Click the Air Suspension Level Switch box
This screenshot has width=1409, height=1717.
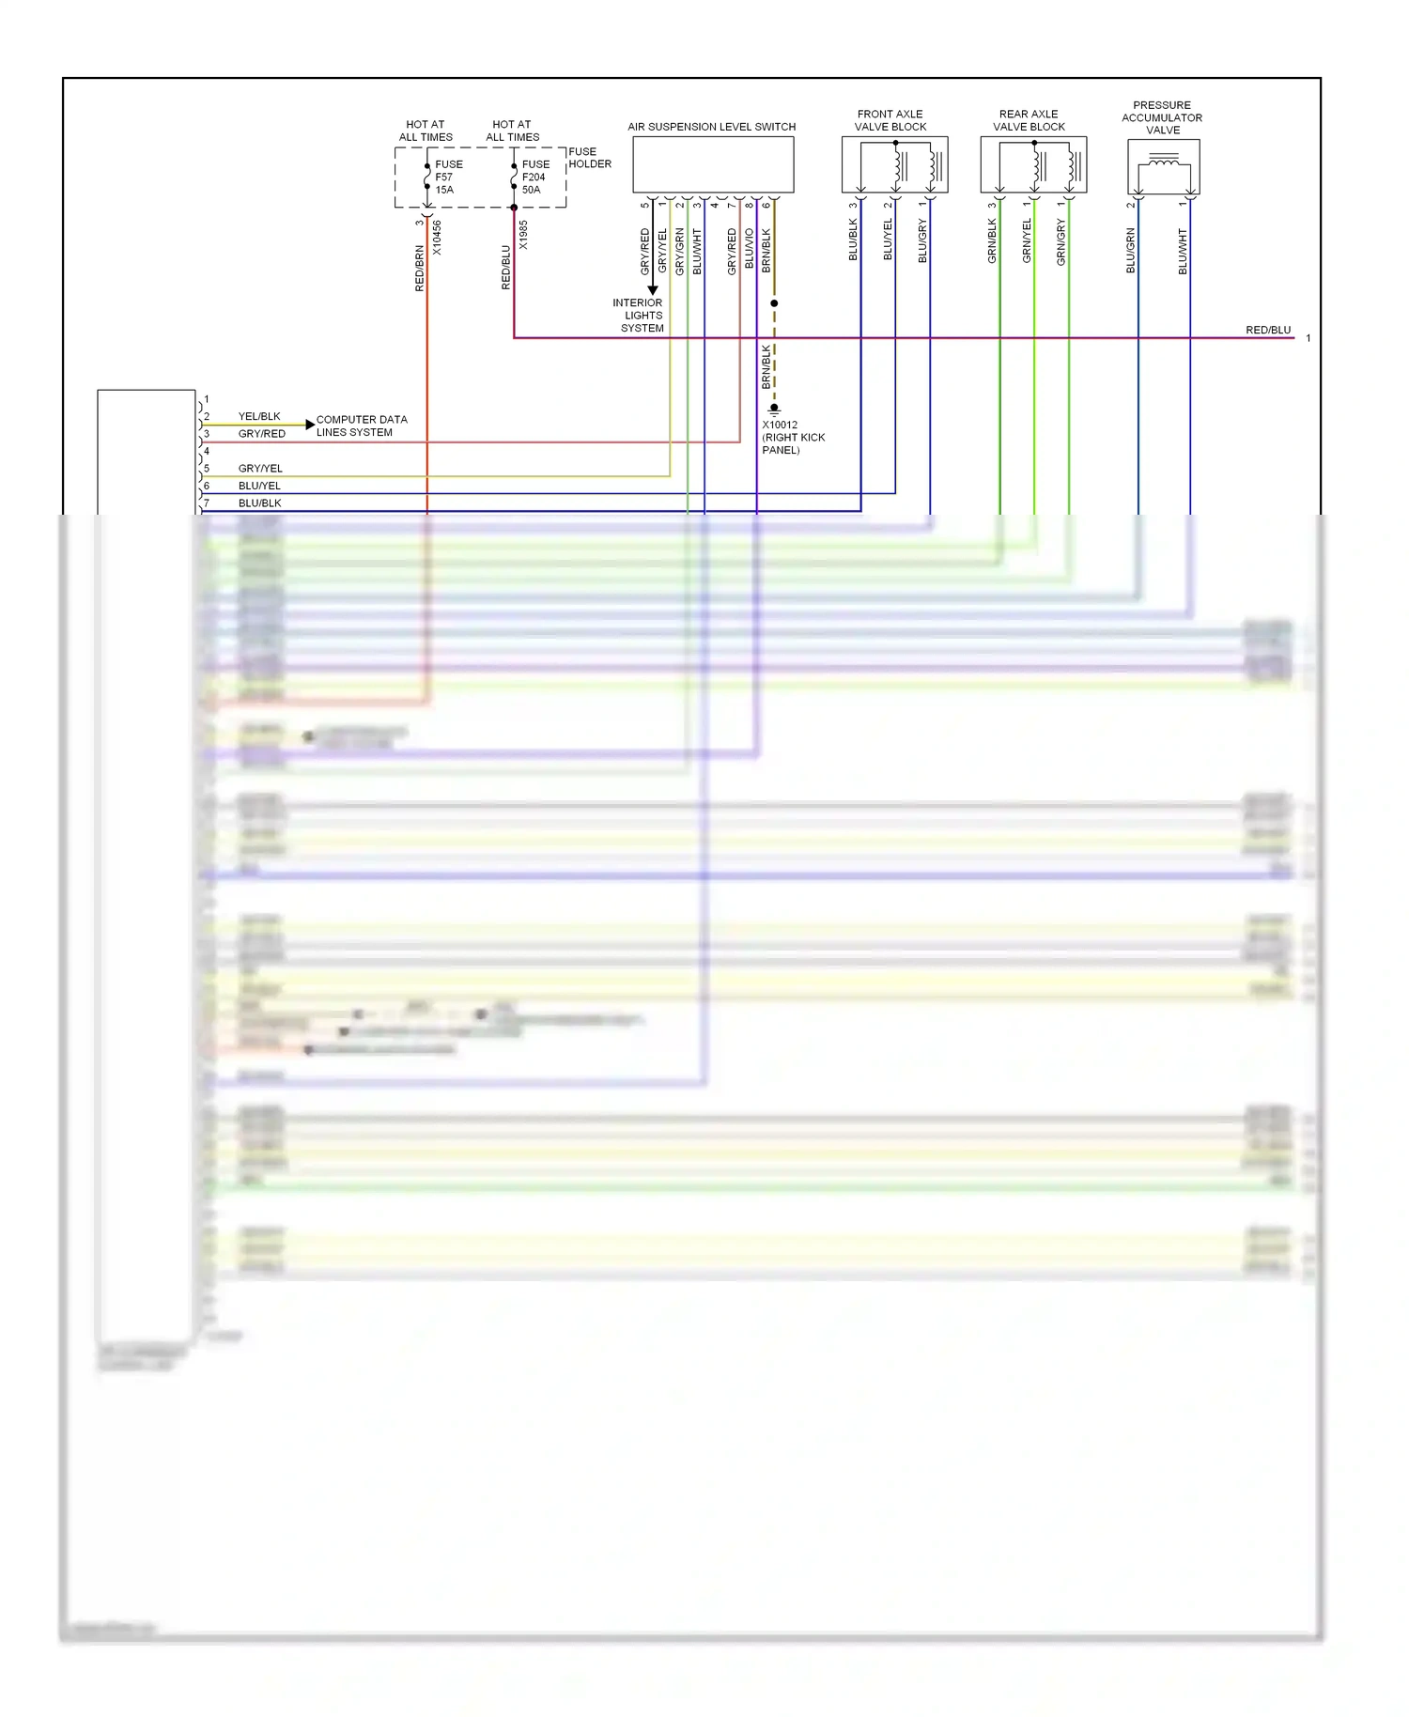(713, 164)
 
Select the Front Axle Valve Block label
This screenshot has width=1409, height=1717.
(890, 120)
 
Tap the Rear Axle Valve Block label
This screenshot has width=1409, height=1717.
(1029, 120)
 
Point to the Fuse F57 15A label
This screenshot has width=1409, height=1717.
(447, 177)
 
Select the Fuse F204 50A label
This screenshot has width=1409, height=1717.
(534, 177)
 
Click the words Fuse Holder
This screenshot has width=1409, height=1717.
(589, 158)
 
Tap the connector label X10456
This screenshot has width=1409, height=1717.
(437, 238)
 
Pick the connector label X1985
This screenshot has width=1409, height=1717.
(523, 235)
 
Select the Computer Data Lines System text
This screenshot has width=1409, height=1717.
(362, 425)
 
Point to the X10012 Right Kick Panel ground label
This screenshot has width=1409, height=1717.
(792, 438)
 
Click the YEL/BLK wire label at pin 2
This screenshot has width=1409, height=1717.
(259, 416)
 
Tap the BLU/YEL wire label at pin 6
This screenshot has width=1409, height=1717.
(259, 486)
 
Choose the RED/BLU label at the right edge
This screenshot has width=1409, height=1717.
(1267, 330)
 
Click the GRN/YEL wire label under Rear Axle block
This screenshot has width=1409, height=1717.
(1027, 240)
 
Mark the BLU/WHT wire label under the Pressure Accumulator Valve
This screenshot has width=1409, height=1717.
(1183, 251)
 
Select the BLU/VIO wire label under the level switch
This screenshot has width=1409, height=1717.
(749, 248)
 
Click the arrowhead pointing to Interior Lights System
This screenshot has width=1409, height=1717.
(653, 290)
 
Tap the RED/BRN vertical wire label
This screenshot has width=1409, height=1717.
(420, 269)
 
